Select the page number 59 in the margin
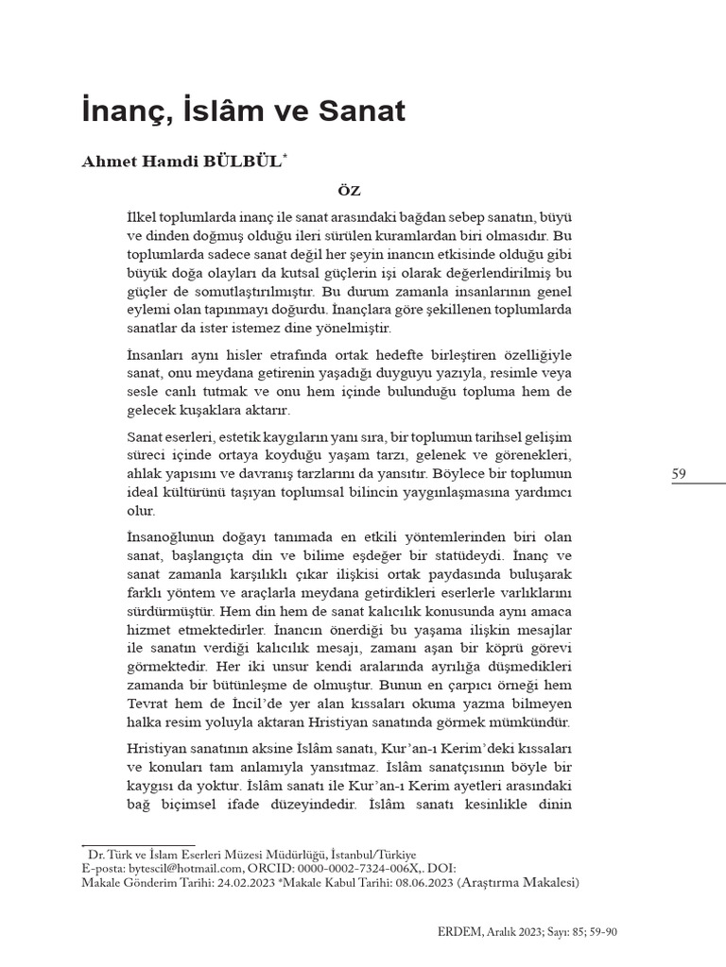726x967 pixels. [x=680, y=474]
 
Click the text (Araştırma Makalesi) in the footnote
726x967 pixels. [x=518, y=883]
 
